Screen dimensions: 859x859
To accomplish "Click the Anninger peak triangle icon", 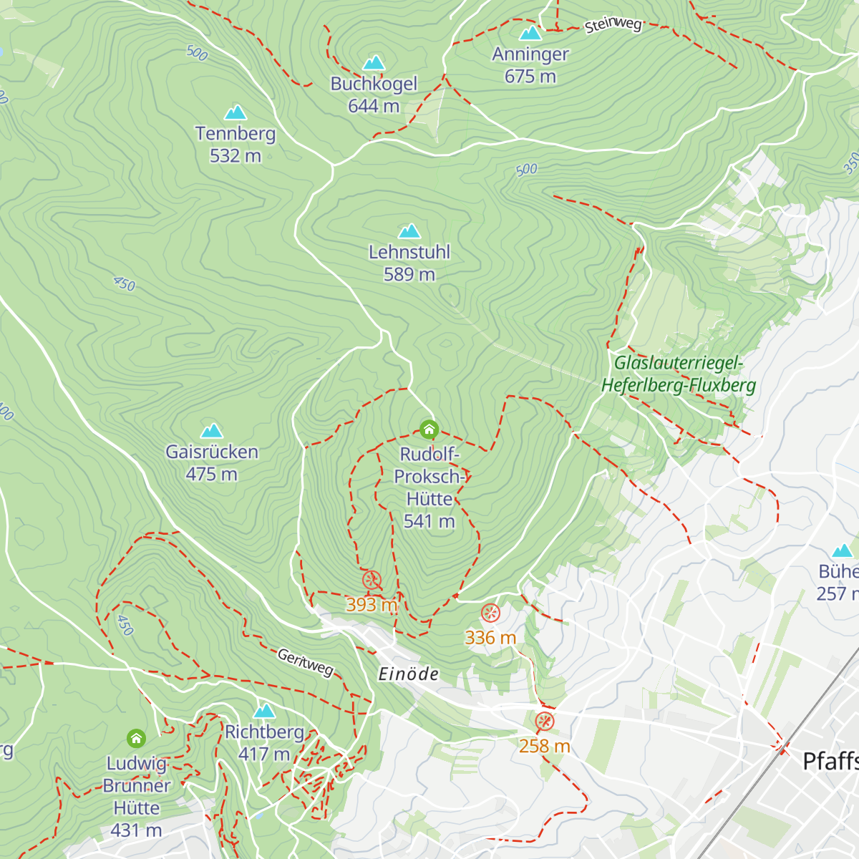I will [x=530, y=33].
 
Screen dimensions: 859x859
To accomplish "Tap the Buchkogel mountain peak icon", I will [x=374, y=63].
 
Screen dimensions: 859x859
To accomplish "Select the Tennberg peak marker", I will [x=236, y=112].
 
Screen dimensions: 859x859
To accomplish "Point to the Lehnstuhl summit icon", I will [x=409, y=231].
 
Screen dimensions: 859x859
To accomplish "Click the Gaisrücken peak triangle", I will [x=211, y=431].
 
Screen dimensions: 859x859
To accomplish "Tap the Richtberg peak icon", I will [x=265, y=711].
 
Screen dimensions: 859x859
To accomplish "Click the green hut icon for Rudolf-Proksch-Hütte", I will [x=429, y=429].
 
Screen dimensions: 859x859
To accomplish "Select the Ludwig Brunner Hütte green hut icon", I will [x=136, y=738].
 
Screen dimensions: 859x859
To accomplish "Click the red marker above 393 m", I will [x=372, y=581].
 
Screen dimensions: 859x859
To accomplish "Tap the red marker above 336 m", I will [x=490, y=613].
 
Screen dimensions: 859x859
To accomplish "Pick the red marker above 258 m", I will [x=544, y=721].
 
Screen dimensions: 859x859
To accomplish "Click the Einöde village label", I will [x=408, y=674].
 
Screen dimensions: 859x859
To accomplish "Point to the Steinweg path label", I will [x=613, y=25].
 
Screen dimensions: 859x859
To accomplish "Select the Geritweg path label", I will [x=306, y=663].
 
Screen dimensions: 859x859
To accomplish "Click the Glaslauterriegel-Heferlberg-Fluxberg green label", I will [x=679, y=374].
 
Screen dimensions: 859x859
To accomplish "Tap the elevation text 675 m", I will [x=530, y=77].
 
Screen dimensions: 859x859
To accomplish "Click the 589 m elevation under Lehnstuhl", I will [x=409, y=275].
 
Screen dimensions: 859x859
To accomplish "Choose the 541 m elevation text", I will [x=429, y=521].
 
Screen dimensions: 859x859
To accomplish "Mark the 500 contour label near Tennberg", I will [x=197, y=53].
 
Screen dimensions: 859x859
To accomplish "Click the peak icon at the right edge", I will [x=843, y=550].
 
